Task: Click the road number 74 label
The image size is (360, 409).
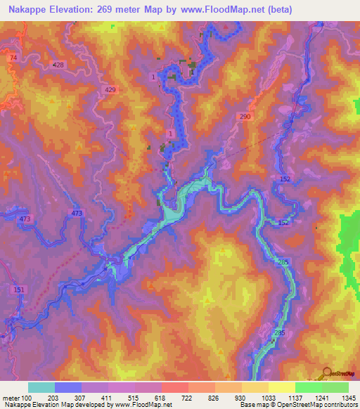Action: click(13, 58)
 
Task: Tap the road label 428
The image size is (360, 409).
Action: click(58, 65)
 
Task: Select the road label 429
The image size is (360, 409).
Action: click(110, 90)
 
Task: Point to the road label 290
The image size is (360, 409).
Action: click(245, 116)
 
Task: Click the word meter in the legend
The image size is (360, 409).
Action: click(11, 397)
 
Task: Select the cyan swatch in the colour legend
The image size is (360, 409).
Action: click(41, 387)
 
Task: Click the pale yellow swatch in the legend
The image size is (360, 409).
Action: click(281, 387)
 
